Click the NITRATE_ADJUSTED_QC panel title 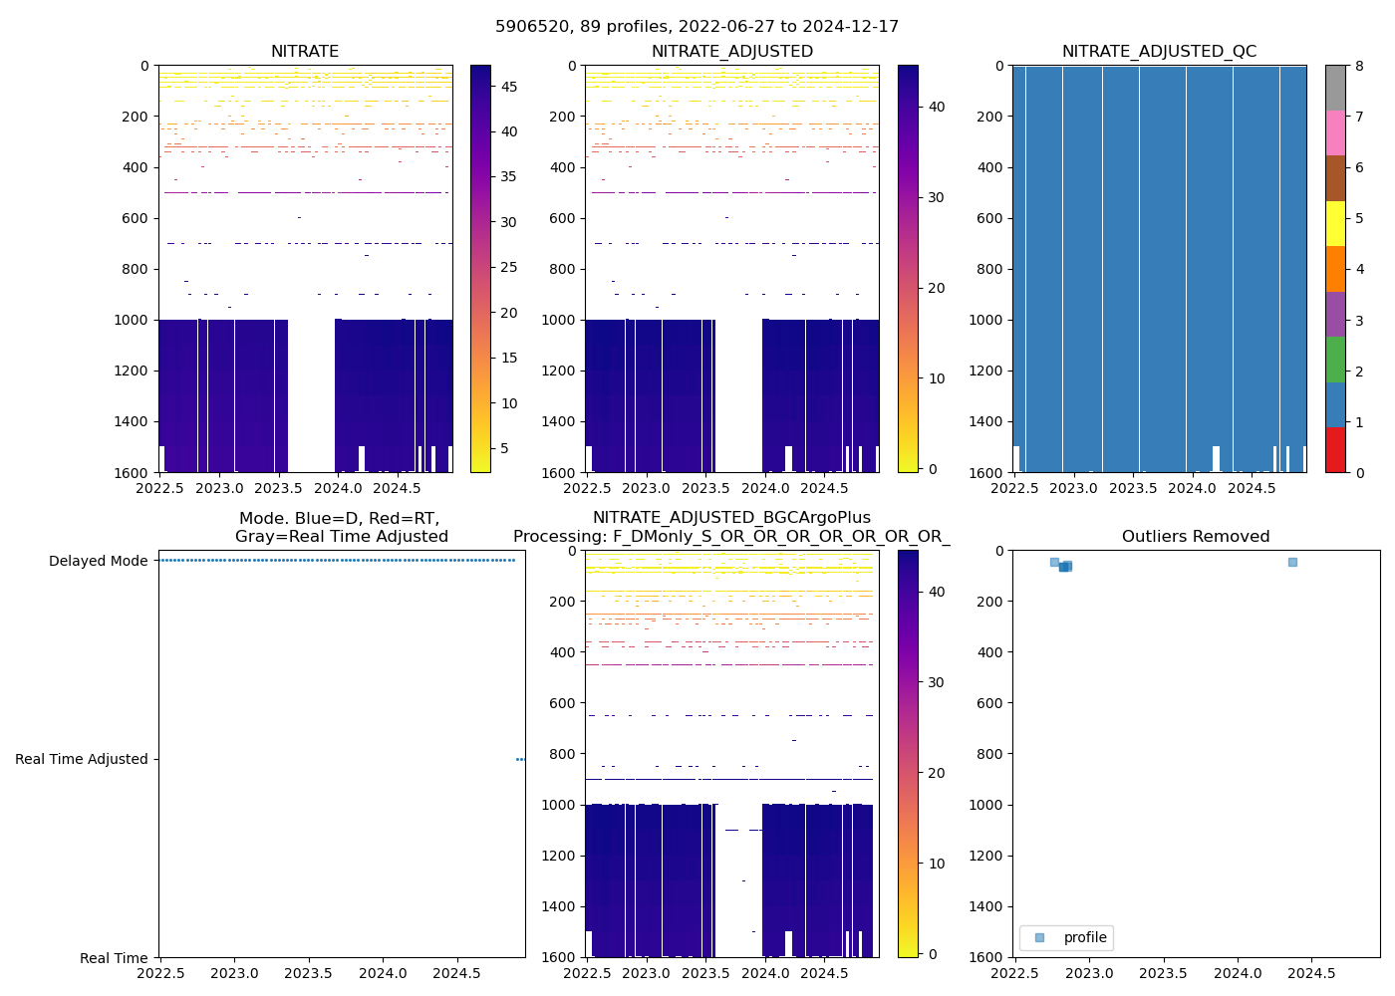(x=1159, y=52)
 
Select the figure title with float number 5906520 (x=697, y=27)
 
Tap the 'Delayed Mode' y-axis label (x=99, y=561)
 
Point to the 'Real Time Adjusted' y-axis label (x=82, y=759)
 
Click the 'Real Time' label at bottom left (x=114, y=958)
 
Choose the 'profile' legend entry (x=1084, y=937)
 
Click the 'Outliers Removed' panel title (x=1196, y=537)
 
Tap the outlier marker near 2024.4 (x=1292, y=562)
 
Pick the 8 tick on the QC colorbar (x=1359, y=66)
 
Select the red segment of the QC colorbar (x=1335, y=450)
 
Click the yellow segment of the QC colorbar (x=1335, y=224)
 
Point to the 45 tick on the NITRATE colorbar (x=508, y=87)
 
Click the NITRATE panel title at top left (x=305, y=52)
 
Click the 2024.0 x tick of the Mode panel (x=384, y=973)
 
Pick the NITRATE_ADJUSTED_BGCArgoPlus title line (x=731, y=518)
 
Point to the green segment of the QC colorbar (x=1335, y=360)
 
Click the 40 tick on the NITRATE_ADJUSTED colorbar (x=937, y=107)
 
